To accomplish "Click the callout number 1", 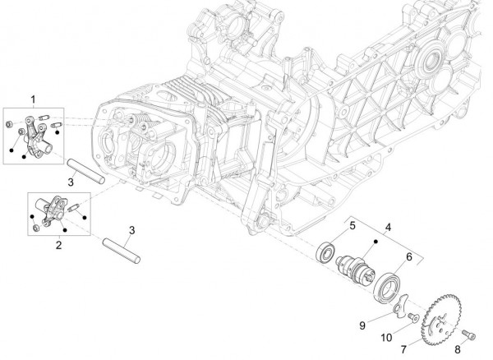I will [33, 99].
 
